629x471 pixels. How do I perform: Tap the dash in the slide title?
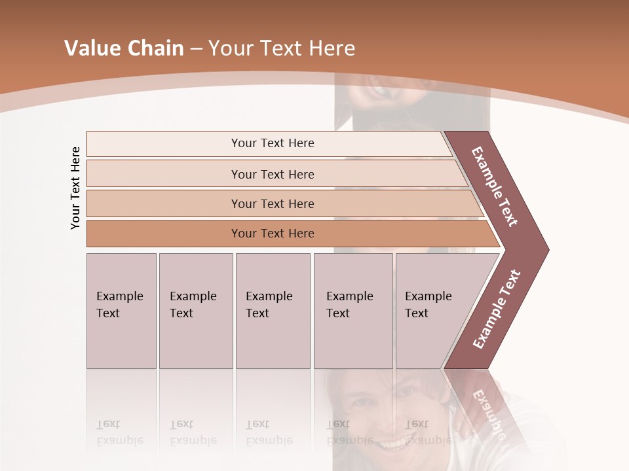pyautogui.click(x=196, y=49)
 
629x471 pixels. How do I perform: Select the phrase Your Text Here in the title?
pyautogui.click(x=282, y=48)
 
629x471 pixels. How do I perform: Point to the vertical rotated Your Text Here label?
pyautogui.click(x=75, y=188)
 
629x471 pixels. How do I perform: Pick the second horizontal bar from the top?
pyautogui.click(x=273, y=174)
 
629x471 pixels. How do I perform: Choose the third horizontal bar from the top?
pyautogui.click(x=273, y=203)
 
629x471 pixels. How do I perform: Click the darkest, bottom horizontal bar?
pyautogui.click(x=273, y=234)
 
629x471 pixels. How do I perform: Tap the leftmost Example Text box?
pyautogui.click(x=121, y=311)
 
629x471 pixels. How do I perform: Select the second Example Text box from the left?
pyautogui.click(x=195, y=311)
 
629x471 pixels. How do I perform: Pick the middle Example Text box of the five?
pyautogui.click(x=273, y=311)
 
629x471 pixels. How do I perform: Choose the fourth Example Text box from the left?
pyautogui.click(x=353, y=311)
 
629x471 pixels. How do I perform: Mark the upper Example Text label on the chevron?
pyautogui.click(x=495, y=186)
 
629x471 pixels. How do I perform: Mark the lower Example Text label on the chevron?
pyautogui.click(x=496, y=309)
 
